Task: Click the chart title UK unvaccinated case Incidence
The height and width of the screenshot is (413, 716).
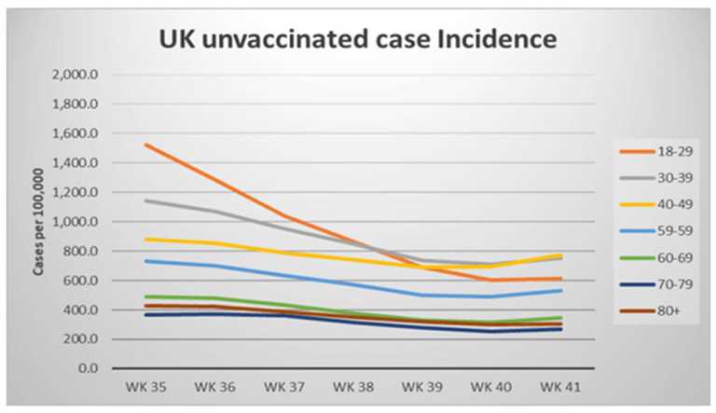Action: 357,40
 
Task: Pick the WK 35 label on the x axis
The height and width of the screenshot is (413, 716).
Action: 145,386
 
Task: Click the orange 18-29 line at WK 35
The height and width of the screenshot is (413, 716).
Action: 145,145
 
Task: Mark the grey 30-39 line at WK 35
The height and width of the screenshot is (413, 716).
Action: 145,200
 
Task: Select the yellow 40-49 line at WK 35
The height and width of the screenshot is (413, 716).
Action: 145,239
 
